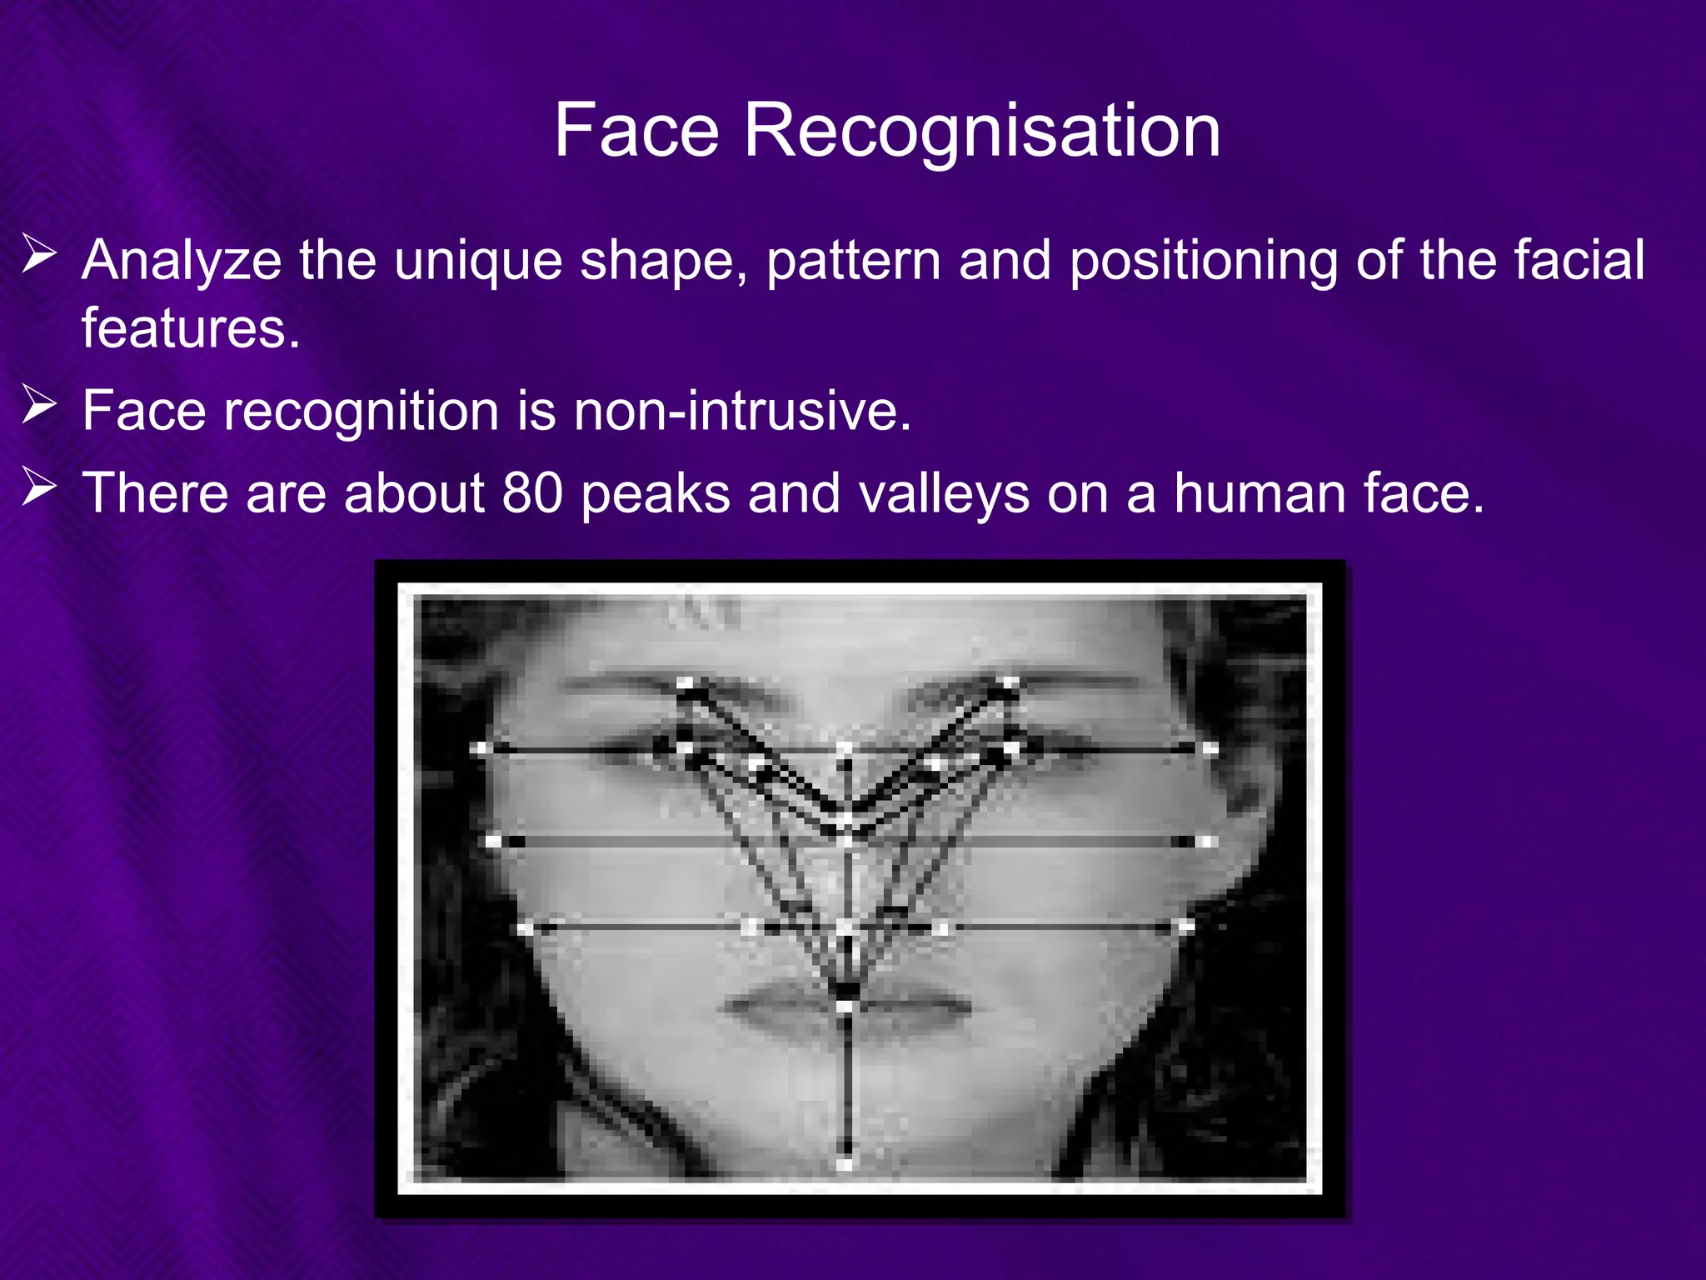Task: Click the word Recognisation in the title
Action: click(982, 131)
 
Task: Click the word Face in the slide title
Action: click(636, 131)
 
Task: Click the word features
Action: click(190, 328)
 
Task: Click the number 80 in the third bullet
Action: click(532, 492)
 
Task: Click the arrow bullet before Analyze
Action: click(38, 255)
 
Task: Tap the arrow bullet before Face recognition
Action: click(38, 406)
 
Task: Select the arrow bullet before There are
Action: click(38, 487)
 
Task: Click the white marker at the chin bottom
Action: click(845, 1163)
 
